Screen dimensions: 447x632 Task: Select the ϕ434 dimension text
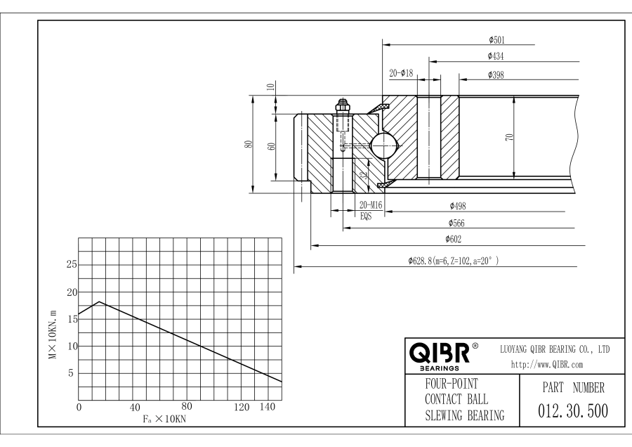[x=494, y=56]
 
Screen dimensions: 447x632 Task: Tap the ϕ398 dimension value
[x=494, y=74]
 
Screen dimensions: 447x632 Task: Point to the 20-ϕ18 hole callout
[x=401, y=74]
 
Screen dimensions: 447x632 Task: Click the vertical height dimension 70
[x=509, y=136]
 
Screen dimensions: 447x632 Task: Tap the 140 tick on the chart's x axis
[x=266, y=407]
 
